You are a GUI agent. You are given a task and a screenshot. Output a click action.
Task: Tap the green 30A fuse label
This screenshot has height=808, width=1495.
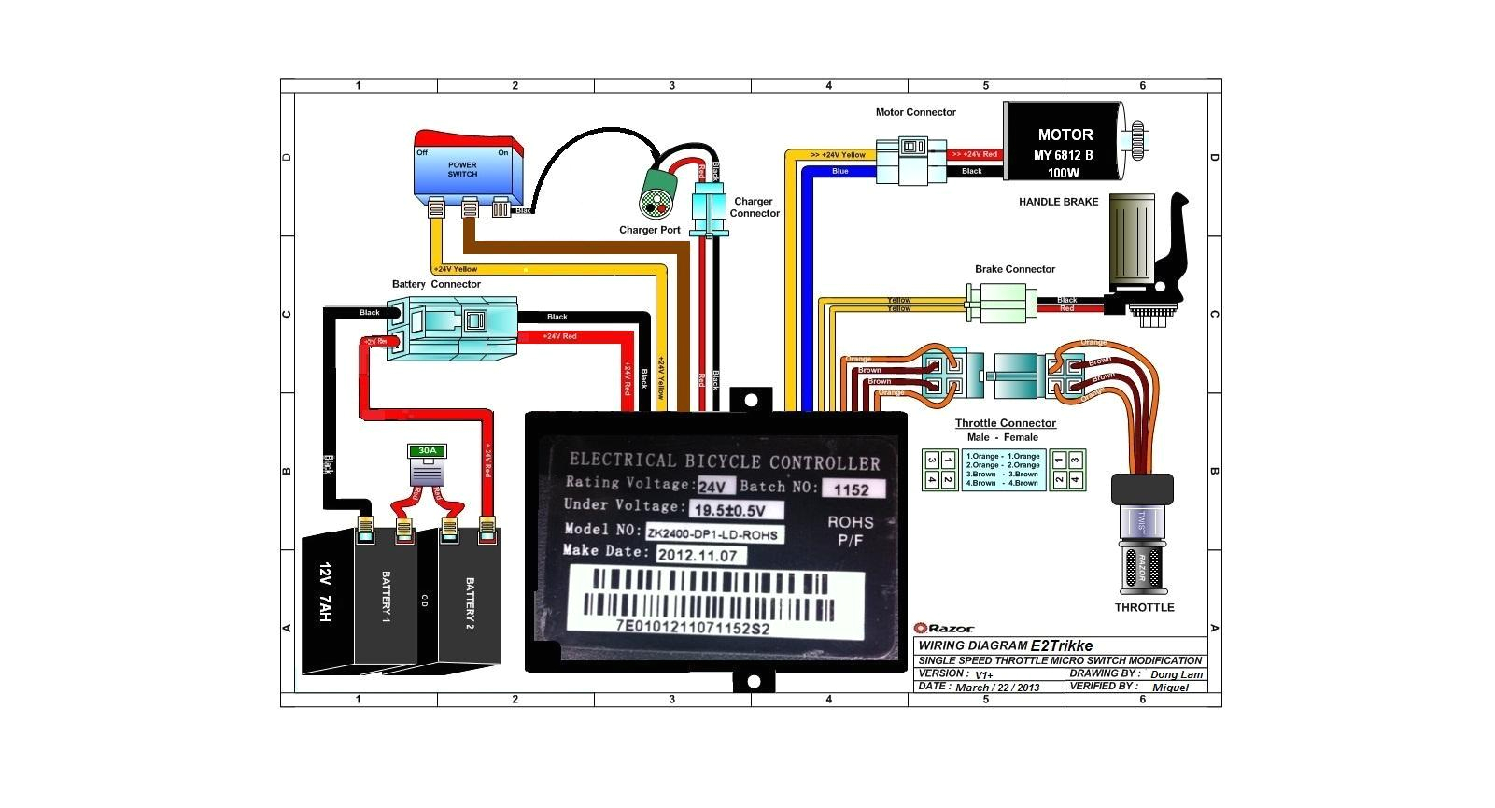(x=427, y=450)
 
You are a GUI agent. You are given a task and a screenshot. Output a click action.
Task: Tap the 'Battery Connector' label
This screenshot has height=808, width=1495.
(x=436, y=284)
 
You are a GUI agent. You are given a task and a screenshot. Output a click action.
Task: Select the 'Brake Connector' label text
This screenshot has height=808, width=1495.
(x=1015, y=269)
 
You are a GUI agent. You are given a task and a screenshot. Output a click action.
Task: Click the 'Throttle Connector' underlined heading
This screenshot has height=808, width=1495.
(x=1005, y=423)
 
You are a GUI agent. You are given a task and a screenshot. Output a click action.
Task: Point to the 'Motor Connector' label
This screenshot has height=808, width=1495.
(x=915, y=112)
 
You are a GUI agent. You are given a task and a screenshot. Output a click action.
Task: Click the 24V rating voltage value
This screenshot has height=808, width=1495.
(x=715, y=486)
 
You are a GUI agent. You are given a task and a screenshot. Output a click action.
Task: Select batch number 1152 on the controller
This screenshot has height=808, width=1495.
(x=851, y=489)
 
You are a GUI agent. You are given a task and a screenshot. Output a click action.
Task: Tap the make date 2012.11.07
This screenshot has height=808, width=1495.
(x=697, y=554)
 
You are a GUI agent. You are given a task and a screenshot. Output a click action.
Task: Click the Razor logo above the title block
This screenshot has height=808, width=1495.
(x=944, y=628)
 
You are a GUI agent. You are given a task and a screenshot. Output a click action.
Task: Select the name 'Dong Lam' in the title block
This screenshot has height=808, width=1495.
(x=1176, y=674)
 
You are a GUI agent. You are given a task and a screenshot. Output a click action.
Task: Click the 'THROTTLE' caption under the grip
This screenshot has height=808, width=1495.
(x=1144, y=607)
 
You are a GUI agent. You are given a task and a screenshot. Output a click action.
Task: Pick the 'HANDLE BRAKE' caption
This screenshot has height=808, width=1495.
(x=1058, y=202)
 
